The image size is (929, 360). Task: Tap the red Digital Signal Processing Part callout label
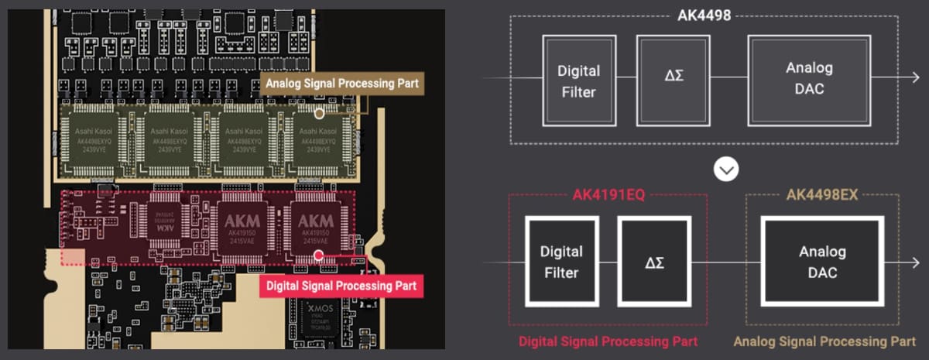click(341, 286)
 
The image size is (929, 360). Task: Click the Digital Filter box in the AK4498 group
click(578, 80)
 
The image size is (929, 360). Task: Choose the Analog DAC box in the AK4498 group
click(808, 80)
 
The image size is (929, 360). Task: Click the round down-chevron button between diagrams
click(725, 170)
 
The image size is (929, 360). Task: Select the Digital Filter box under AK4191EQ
click(561, 261)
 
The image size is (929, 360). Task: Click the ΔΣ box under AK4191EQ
click(654, 261)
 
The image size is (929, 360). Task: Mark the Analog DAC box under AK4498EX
click(821, 261)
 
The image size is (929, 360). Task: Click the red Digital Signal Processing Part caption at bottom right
click(608, 341)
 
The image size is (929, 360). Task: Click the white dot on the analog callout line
click(319, 113)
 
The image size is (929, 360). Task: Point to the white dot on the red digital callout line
click(318, 254)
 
